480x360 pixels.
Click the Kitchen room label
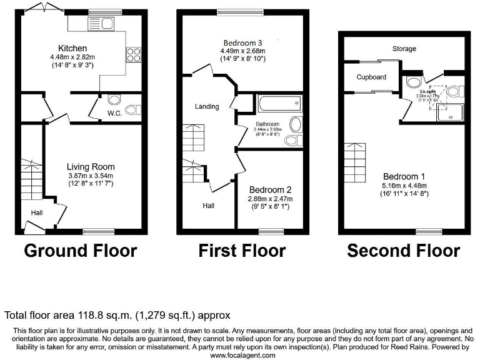point(72,48)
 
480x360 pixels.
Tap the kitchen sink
point(103,24)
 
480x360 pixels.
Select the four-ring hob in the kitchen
point(133,55)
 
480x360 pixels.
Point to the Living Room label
point(91,167)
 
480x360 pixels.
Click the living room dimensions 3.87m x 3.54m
point(91,176)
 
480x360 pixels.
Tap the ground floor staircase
point(29,178)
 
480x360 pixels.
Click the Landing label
point(207,106)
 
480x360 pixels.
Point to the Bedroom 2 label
point(271,189)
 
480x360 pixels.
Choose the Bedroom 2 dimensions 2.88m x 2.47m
point(271,199)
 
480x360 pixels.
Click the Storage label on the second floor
point(404,48)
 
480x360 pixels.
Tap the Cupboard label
point(371,77)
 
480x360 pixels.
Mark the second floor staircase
point(354,161)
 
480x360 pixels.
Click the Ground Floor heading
point(80,251)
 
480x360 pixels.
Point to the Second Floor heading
point(403,251)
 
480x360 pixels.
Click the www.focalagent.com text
point(242,355)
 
